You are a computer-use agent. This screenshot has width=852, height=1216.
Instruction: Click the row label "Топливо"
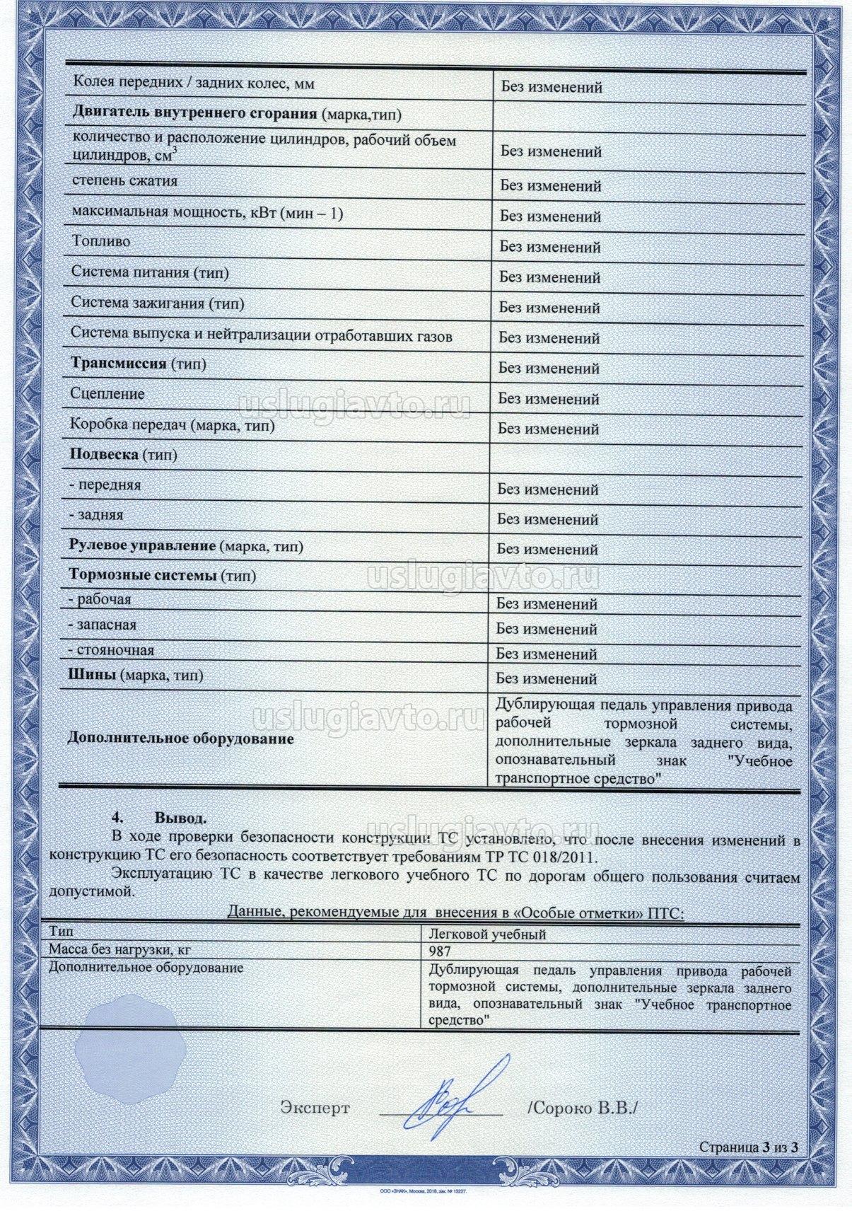(x=101, y=241)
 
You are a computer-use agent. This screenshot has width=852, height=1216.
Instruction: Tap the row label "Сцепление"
(x=107, y=394)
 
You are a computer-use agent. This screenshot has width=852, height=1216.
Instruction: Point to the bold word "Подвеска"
(x=104, y=454)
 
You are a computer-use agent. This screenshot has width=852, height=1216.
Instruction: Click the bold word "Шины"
(x=92, y=675)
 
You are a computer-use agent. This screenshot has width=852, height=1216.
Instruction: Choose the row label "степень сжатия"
(x=125, y=181)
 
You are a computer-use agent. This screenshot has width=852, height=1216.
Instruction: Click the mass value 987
(x=440, y=952)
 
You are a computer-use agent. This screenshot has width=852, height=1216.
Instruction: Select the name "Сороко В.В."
(x=583, y=1108)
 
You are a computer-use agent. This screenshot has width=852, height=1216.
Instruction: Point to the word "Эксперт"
(x=315, y=1108)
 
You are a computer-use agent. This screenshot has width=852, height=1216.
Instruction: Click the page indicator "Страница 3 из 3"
(x=749, y=1167)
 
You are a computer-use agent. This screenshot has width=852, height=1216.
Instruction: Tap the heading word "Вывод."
(x=181, y=819)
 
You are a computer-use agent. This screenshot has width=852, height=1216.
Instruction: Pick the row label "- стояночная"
(x=112, y=650)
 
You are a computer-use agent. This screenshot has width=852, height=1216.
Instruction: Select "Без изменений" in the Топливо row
(x=550, y=248)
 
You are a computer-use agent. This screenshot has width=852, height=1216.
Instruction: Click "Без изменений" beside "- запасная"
(x=547, y=629)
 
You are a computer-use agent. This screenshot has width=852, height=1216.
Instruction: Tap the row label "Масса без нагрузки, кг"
(x=119, y=951)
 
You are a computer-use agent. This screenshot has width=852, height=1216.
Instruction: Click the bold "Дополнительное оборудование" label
(x=180, y=739)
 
